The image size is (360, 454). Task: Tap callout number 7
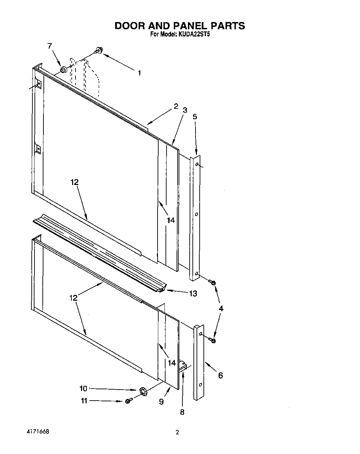(x=50, y=45)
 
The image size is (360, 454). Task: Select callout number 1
(x=139, y=73)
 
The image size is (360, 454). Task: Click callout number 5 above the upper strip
(x=195, y=117)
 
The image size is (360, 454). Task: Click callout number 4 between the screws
(x=221, y=309)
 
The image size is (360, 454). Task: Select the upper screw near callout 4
(x=212, y=283)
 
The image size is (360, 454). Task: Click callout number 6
(x=220, y=375)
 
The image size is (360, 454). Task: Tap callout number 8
(x=182, y=412)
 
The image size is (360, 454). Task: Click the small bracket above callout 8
(x=182, y=364)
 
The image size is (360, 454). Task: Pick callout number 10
(x=83, y=389)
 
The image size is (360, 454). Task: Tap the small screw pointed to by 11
(x=129, y=401)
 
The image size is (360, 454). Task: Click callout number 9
(x=161, y=402)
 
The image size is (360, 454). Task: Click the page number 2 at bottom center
(x=177, y=433)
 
